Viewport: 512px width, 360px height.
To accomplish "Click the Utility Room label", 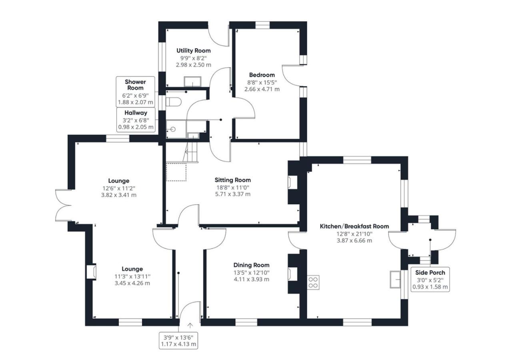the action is point(193,50).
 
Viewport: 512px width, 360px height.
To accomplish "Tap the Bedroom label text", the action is point(262,75).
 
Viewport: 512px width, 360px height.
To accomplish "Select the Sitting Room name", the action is point(233,180).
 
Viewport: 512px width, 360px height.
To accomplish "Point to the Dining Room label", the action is point(252,265).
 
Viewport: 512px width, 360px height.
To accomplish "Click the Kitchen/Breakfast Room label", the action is point(354,226).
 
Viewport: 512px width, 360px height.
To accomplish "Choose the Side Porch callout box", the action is point(430,279).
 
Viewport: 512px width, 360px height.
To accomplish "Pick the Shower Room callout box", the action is point(135,92).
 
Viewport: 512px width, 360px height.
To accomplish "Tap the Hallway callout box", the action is point(136,120).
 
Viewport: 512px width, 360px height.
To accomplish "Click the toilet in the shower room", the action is point(174,102).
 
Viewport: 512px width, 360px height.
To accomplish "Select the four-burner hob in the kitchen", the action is point(313,282).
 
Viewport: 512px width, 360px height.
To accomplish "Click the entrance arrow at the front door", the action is point(190,325).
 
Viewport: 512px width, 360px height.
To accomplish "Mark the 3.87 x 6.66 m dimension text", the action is point(354,240).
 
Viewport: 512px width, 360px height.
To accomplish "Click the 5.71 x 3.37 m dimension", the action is point(233,194).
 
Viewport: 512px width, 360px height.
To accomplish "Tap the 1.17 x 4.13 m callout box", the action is point(178,340).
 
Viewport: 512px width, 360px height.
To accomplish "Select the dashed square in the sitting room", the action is point(176,172).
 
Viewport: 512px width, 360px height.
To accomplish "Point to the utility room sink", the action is point(193,81).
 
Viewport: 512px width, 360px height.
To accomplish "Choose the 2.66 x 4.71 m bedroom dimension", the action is point(262,89).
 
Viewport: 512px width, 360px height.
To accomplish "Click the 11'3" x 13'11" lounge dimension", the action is point(132,276).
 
